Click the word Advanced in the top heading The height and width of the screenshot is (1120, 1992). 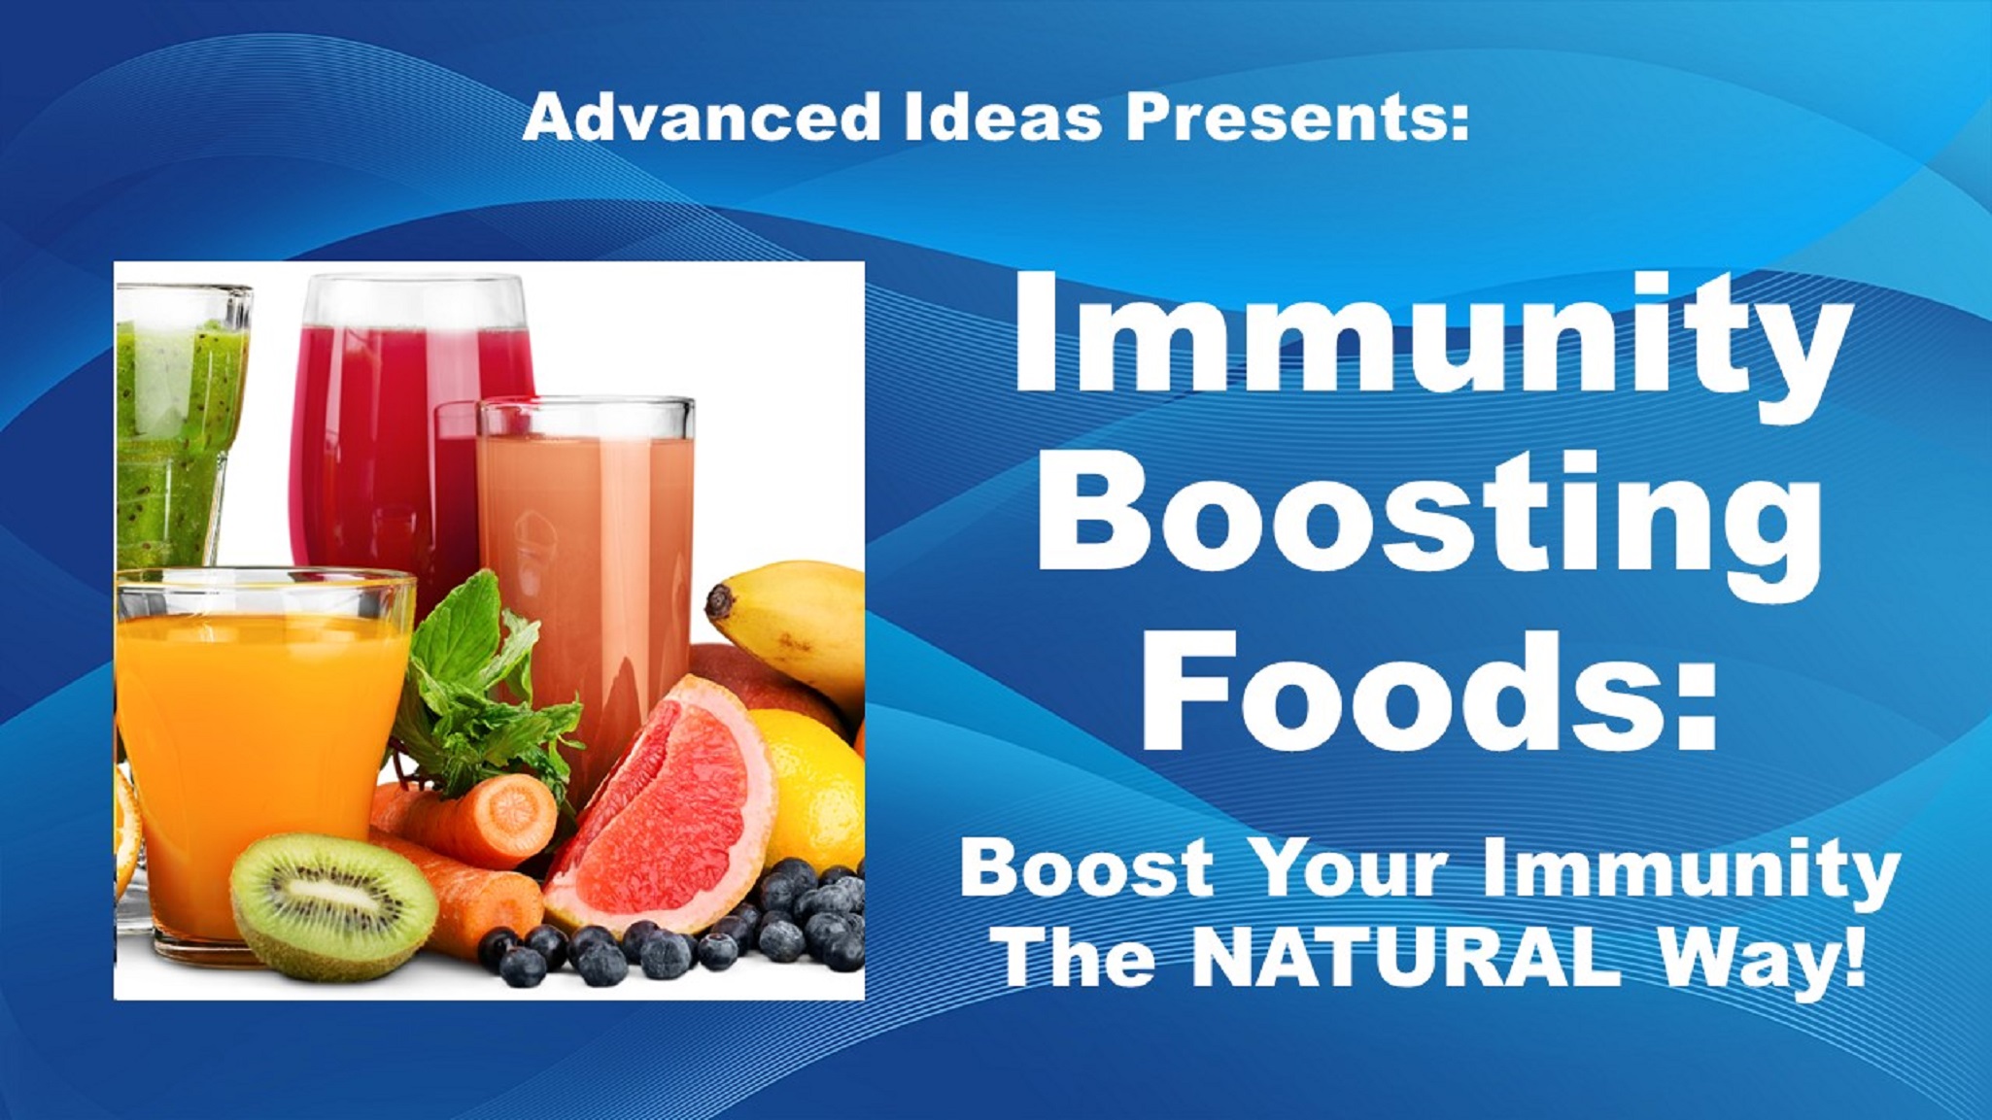pyautogui.click(x=701, y=117)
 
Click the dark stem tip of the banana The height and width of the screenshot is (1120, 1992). pyautogui.click(x=719, y=601)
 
